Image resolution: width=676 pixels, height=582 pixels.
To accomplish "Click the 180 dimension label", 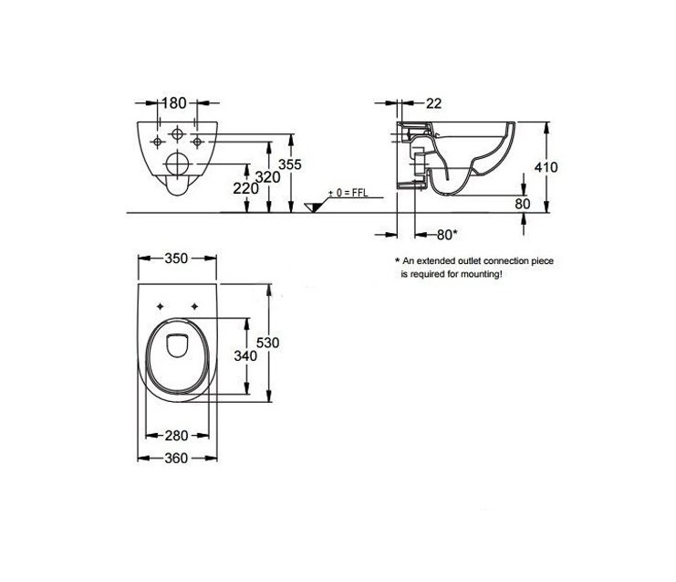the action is [174, 103].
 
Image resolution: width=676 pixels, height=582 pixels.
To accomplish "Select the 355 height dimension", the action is [290, 164].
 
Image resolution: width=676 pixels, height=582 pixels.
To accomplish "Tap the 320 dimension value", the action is [267, 177].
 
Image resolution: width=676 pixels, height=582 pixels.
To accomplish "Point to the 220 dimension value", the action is [245, 188].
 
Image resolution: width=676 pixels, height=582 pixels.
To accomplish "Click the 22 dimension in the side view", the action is [433, 103].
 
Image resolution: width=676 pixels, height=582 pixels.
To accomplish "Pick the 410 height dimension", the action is [546, 167].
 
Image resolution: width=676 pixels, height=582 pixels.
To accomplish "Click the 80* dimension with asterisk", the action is [447, 235].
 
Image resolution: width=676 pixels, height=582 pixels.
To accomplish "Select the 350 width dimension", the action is [176, 259].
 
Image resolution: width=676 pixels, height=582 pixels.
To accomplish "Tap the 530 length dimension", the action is [267, 343].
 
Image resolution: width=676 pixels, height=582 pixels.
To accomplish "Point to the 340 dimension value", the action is [245, 355].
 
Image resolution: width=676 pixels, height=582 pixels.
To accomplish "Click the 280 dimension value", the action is [176, 436].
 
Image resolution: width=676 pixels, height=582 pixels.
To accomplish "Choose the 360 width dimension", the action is [176, 458].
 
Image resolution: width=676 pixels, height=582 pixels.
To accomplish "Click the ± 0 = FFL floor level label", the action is [348, 193].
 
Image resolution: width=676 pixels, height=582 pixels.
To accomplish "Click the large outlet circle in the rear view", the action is [177, 164].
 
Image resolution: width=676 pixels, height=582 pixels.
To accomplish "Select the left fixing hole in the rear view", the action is [158, 142].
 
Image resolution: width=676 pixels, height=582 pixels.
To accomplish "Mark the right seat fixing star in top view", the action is [194, 307].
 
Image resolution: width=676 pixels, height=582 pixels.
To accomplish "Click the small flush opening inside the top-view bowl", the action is [177, 346].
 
